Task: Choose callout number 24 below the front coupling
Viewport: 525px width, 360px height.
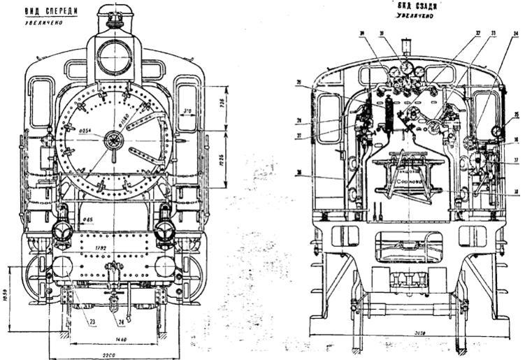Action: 122,323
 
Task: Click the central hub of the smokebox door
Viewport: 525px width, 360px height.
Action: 113,140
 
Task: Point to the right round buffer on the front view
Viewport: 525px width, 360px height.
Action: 165,266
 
